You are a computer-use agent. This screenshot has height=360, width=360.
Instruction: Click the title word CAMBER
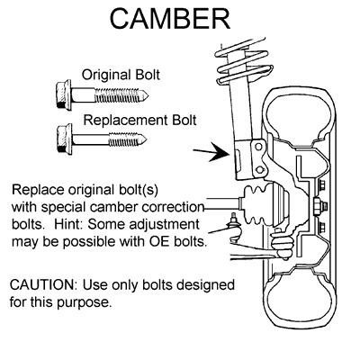(170, 19)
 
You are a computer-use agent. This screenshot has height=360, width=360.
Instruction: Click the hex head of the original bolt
(64, 94)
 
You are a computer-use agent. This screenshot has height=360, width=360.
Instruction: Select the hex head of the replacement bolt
(64, 139)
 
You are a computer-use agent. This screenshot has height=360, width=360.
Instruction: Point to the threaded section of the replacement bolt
(124, 139)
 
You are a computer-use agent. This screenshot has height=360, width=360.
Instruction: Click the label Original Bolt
(121, 75)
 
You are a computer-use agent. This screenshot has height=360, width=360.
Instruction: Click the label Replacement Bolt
(139, 120)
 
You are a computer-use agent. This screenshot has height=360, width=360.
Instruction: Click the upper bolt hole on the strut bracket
(259, 147)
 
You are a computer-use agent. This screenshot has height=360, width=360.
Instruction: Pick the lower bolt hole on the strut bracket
(260, 170)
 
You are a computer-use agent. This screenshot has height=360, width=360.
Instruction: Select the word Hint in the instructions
(68, 224)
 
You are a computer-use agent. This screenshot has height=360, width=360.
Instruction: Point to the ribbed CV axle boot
(257, 204)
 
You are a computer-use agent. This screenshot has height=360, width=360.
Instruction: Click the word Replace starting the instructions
(38, 191)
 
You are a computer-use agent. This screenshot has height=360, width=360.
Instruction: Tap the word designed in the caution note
(205, 285)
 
